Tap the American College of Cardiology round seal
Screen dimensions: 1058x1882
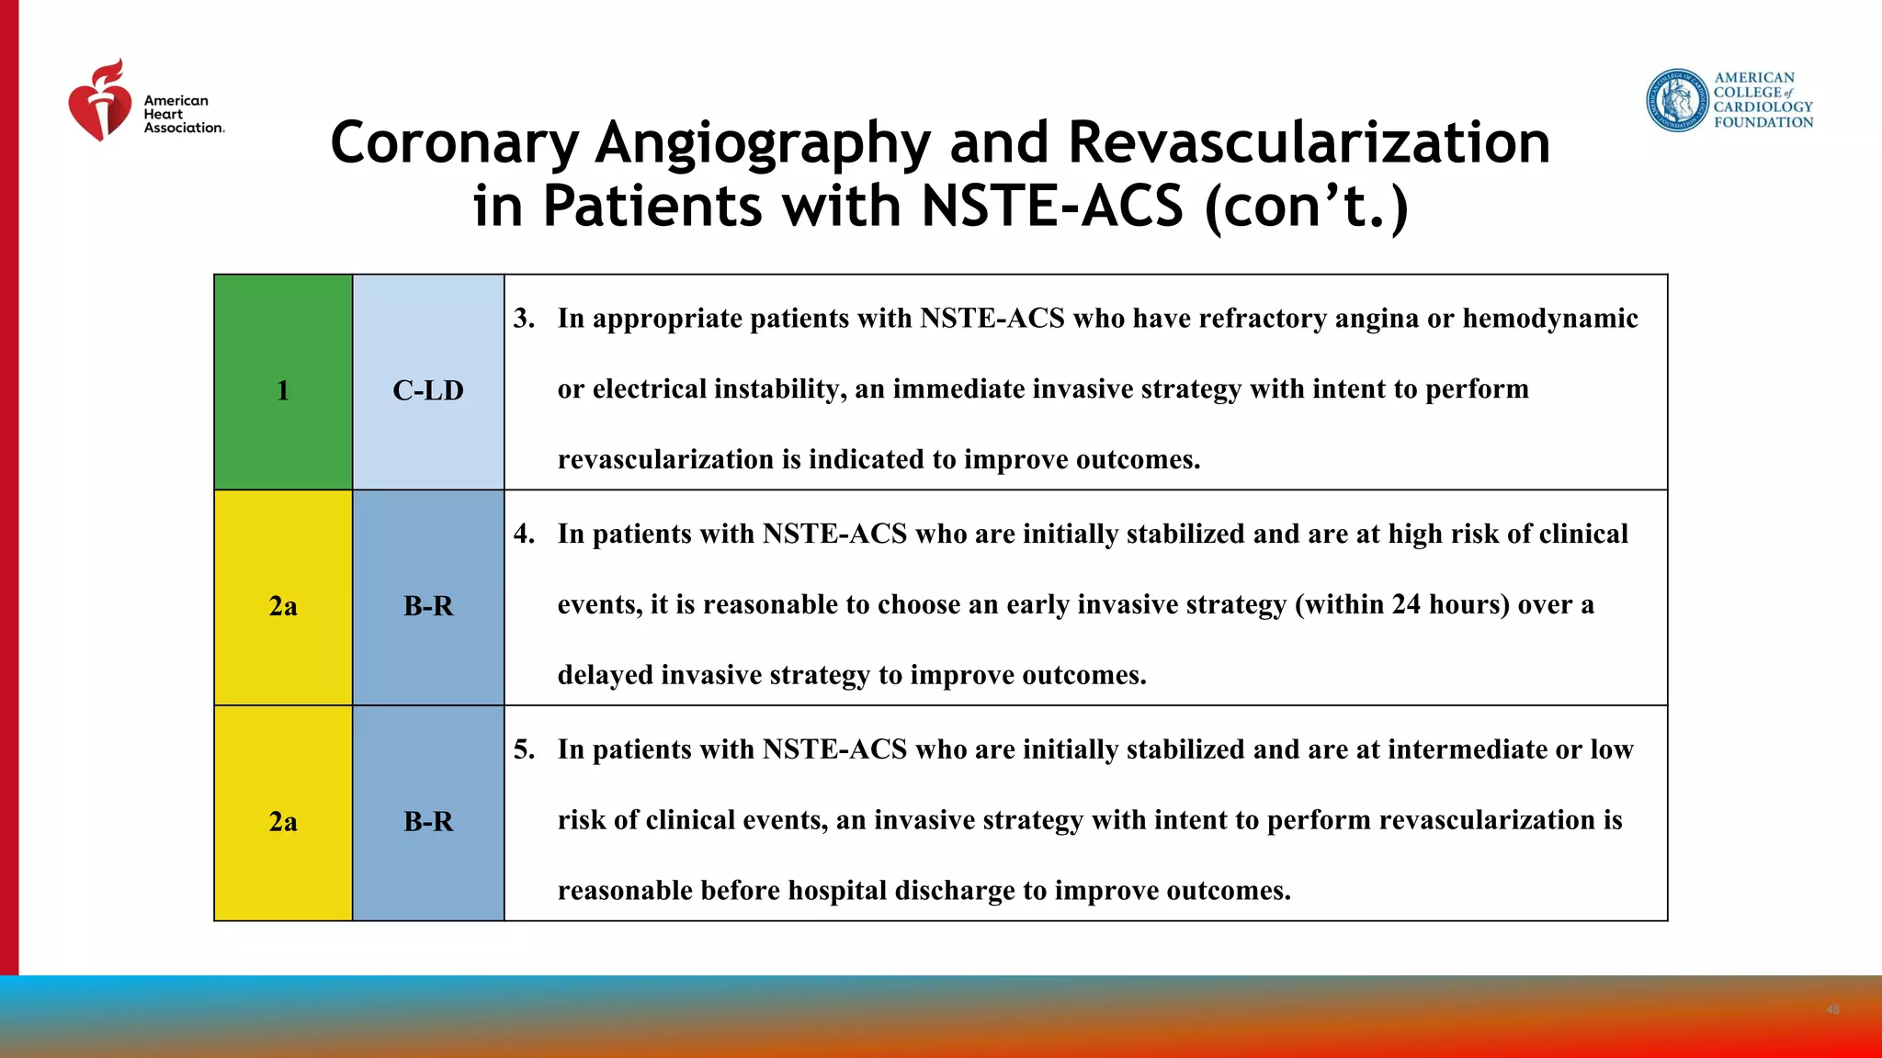pos(1677,100)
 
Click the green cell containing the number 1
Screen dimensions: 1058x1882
pos(283,382)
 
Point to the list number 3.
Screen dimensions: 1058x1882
pos(524,318)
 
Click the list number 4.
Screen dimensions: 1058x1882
pos(524,534)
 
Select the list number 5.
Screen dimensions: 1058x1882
pos(524,749)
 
